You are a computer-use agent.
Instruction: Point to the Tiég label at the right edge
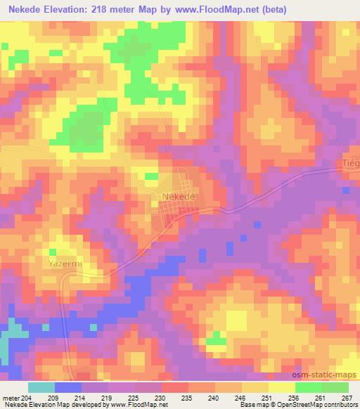[x=350, y=163]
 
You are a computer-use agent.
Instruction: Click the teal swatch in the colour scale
[x=41, y=387]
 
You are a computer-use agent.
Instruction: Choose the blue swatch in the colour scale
[x=67, y=387]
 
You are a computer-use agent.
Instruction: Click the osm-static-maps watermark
[x=330, y=372]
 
